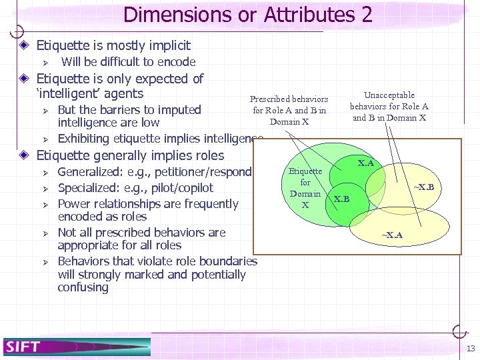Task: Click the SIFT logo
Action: pos(24,346)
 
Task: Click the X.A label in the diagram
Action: pos(366,163)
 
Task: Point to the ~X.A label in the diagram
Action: pos(391,235)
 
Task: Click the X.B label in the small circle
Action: pos(341,199)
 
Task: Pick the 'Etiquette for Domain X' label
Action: pos(305,188)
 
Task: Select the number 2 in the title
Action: pos(367,14)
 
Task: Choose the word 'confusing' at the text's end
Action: pos(83,287)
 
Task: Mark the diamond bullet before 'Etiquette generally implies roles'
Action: pos(23,155)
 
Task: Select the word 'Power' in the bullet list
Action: pos(74,203)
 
